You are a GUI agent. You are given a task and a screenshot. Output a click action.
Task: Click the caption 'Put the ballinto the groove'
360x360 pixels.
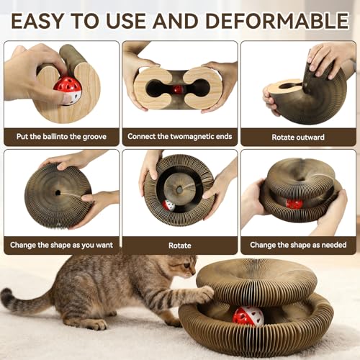(x=61, y=135)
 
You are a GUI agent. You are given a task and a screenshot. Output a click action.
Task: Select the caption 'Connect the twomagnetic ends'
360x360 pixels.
(x=179, y=135)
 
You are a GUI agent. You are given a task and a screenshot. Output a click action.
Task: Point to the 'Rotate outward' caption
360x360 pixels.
(x=297, y=135)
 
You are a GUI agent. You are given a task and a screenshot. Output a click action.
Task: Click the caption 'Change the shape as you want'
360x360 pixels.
(x=61, y=245)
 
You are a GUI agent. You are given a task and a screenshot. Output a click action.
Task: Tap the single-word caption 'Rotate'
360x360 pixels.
(x=179, y=245)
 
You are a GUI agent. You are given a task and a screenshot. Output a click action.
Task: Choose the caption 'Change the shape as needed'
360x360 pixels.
(x=297, y=245)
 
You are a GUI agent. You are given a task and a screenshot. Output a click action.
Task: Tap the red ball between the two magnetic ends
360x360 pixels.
(x=177, y=89)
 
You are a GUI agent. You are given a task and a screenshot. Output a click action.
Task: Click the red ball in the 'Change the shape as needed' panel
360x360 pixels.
(x=294, y=204)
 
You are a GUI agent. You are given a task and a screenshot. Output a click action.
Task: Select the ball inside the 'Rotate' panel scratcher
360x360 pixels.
(x=168, y=205)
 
